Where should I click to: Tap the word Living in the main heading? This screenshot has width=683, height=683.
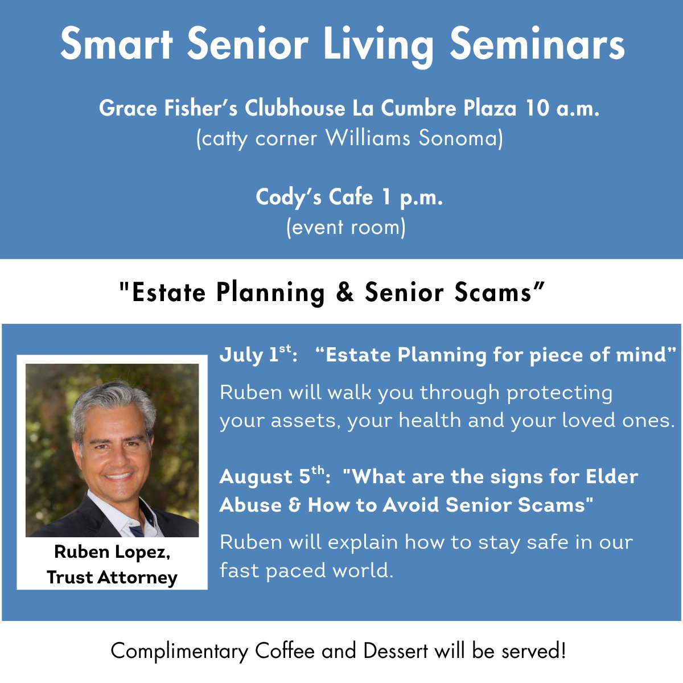coord(378,46)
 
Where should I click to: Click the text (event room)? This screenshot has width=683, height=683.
coord(346,227)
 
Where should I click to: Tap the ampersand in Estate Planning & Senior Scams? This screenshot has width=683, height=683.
coord(345,293)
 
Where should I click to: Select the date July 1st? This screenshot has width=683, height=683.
coord(258,355)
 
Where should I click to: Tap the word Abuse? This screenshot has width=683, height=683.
coord(250,504)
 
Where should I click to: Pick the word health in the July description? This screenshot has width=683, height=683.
coord(430,421)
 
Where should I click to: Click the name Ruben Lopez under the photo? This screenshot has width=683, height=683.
coord(112,552)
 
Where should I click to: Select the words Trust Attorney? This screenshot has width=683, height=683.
coord(112,577)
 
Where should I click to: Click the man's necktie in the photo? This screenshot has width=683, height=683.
coord(136,530)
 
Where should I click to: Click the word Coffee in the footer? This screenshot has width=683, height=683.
coord(285,651)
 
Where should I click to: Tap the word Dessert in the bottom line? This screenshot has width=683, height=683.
coord(396,651)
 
